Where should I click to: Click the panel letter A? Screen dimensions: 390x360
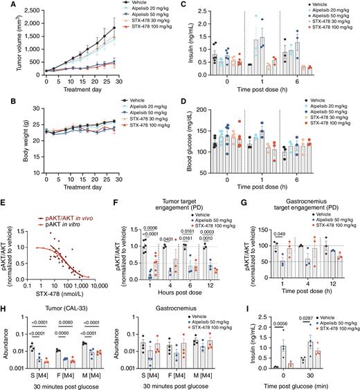[x=5, y=6]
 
